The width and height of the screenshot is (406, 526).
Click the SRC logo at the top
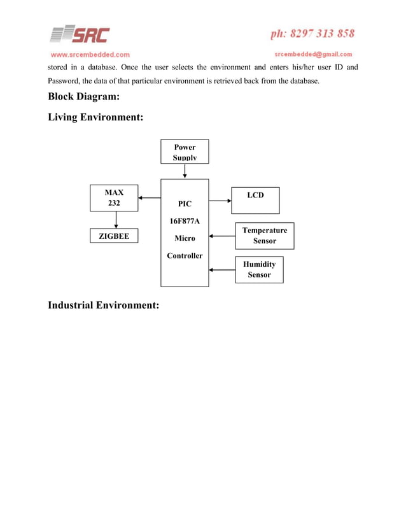coord(80,34)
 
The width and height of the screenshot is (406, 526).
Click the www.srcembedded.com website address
coord(90,55)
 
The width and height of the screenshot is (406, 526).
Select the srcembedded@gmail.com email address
coord(313,54)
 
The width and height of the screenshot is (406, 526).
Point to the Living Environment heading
coord(95,118)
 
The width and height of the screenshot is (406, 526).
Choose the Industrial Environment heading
coord(103,306)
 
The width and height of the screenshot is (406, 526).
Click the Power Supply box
coord(185,152)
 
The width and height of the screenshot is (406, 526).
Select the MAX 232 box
coord(115,198)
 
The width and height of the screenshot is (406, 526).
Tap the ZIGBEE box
coord(115,237)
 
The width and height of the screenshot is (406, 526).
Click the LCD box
coord(255,200)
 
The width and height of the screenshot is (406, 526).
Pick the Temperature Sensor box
coord(264,236)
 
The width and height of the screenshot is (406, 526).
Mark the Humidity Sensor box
coord(259,269)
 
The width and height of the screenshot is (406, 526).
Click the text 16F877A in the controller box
coord(185,222)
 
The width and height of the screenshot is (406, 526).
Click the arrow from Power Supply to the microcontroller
coord(185,171)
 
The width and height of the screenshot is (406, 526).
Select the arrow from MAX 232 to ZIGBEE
coord(115,220)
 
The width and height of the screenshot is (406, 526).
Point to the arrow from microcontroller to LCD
coord(220,201)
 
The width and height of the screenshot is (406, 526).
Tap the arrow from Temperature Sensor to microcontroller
coord(222,236)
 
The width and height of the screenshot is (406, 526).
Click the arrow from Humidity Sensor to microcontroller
coord(222,270)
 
